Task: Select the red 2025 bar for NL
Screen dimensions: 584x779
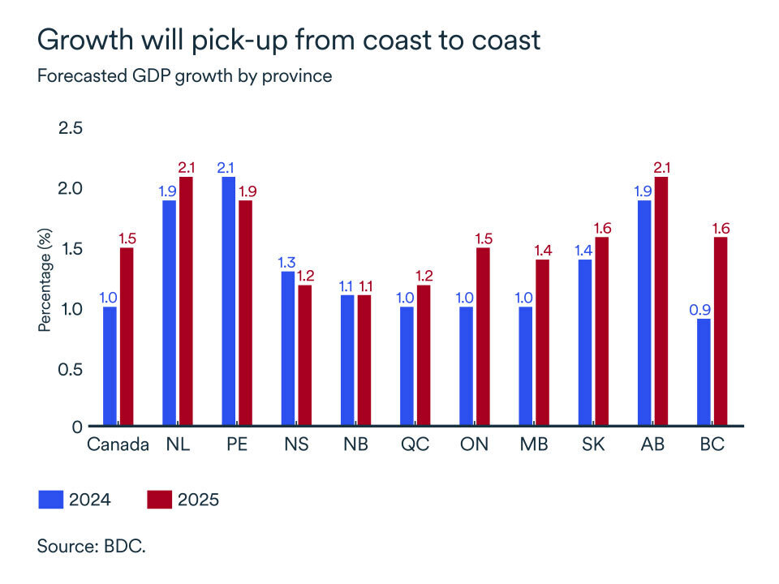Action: coord(187,301)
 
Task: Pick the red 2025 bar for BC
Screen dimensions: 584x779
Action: coord(720,331)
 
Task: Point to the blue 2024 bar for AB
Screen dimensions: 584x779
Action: coord(644,313)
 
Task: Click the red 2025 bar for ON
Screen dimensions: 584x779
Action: coord(483,337)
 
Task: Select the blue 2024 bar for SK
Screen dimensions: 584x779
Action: coord(585,342)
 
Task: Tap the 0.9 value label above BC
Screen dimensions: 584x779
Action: coord(704,310)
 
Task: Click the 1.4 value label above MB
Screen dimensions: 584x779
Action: coord(542,251)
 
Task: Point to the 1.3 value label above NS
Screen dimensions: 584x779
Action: coord(287,263)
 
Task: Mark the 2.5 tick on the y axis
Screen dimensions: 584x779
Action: coord(72,128)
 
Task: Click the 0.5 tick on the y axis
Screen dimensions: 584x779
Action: coord(72,368)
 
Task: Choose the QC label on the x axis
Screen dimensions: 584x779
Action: coord(415,445)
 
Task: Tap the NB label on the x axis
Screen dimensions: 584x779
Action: coord(355,445)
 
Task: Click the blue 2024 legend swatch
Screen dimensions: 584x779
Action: coord(51,499)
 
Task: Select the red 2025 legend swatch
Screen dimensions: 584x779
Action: coord(159,499)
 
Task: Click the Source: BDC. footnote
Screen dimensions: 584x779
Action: coord(91,546)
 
